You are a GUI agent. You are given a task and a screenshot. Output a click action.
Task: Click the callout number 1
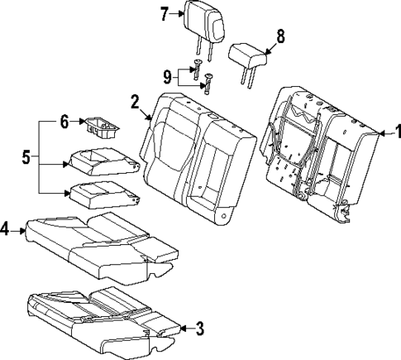[394, 130]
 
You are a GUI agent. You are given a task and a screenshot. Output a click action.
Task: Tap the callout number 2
[134, 103]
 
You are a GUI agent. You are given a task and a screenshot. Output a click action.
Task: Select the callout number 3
[199, 329]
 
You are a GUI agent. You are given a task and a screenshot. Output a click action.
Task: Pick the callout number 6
[64, 122]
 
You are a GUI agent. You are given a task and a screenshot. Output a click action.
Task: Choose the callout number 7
[164, 12]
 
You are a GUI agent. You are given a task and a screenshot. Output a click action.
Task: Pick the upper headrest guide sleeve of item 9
[199, 69]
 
